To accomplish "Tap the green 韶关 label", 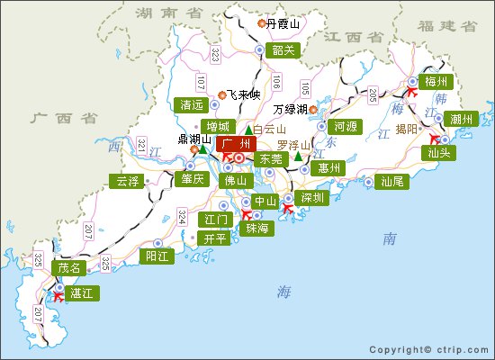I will [x=283, y=49].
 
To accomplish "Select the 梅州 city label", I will [x=439, y=82].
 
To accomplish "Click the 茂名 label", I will [x=69, y=267].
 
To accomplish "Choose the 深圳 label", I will [x=313, y=198].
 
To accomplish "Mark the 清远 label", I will [x=192, y=103].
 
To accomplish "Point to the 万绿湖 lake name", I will [x=290, y=110].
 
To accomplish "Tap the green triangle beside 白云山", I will [x=249, y=130].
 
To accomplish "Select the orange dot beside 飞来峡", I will [x=222, y=94].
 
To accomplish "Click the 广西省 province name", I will [x=52, y=118].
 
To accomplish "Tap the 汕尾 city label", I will [x=392, y=181].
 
